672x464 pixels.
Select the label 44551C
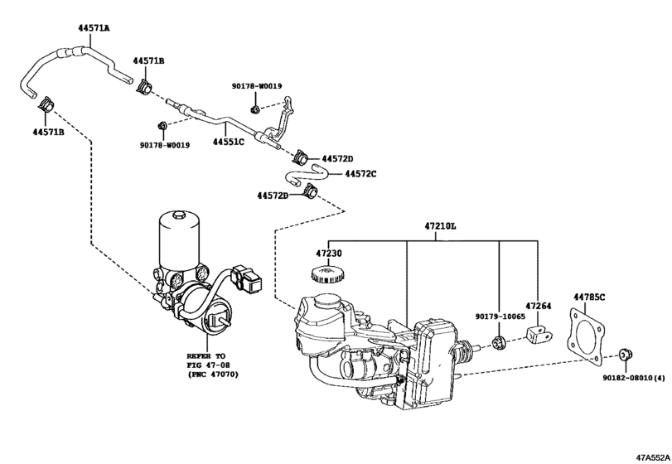click(228, 142)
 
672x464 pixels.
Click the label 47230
click(327, 254)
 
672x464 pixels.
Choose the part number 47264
click(537, 305)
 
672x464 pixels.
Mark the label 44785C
click(590, 296)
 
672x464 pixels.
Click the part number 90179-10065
click(499, 316)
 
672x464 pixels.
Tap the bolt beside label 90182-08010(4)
click(626, 355)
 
